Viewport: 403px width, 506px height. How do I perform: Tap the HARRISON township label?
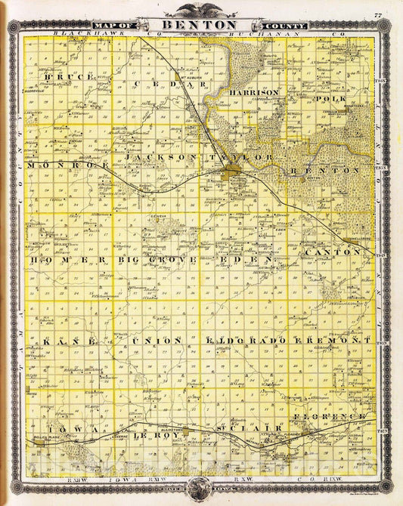tap(255, 92)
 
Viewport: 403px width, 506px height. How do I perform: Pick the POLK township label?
tap(332, 99)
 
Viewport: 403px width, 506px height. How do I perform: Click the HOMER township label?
tap(64, 260)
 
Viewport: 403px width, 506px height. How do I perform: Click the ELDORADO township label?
tap(246, 341)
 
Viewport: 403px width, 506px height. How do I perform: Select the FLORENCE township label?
tap(334, 416)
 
